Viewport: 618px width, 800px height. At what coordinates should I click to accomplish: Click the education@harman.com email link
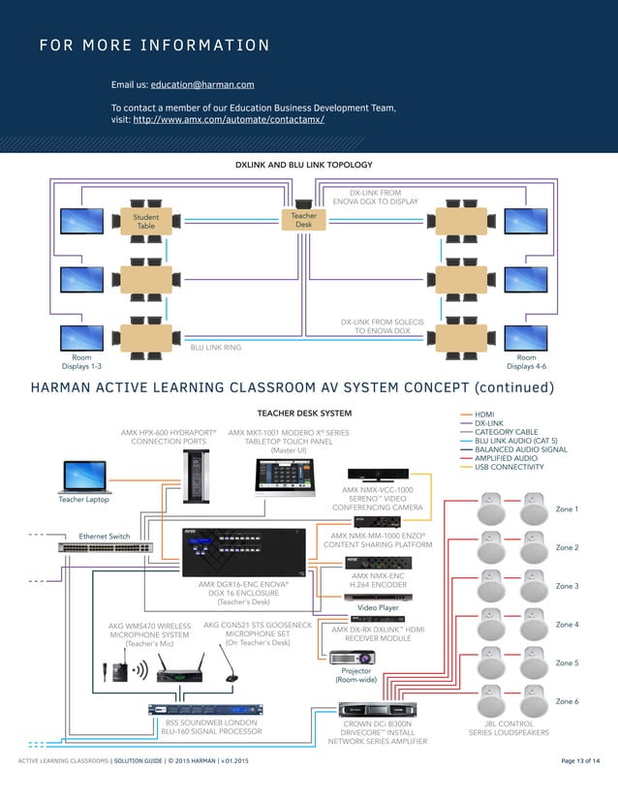coord(202,85)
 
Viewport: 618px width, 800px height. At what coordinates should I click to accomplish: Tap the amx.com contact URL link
coord(228,120)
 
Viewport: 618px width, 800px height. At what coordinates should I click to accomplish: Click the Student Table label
coord(146,222)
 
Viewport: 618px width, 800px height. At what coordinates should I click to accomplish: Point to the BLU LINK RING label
coord(215,347)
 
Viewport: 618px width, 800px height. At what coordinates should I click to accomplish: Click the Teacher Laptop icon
coord(84,477)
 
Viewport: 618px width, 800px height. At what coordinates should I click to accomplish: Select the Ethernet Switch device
coord(105,547)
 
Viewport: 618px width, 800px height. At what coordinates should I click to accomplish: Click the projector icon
coord(355,657)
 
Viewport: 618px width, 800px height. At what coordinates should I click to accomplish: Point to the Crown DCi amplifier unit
coord(377,710)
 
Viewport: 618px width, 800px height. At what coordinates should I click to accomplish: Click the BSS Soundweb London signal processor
coord(197,709)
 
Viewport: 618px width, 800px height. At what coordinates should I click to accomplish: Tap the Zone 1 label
coord(567,508)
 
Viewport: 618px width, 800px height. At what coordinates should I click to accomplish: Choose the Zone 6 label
coord(567,700)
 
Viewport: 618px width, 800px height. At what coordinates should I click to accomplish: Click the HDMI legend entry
coord(484,414)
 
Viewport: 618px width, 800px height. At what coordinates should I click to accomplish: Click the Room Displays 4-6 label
coord(527,361)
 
